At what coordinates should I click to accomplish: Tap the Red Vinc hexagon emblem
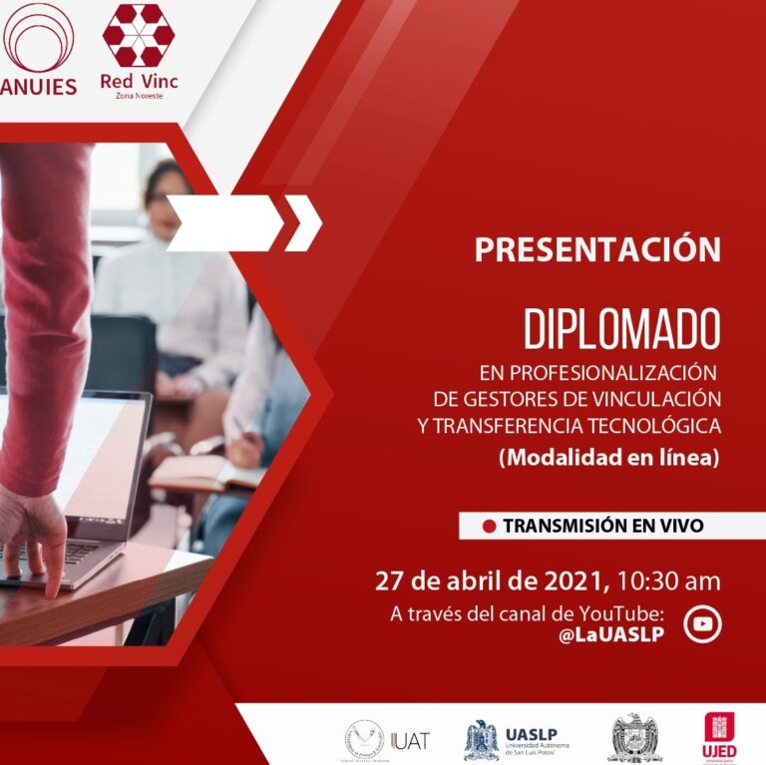click(139, 35)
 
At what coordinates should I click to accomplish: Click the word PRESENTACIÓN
click(596, 249)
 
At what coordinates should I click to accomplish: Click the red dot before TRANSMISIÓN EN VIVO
click(489, 526)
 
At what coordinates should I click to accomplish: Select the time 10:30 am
click(668, 580)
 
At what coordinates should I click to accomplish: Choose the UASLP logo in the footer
click(514, 739)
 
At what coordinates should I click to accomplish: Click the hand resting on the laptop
click(35, 530)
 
